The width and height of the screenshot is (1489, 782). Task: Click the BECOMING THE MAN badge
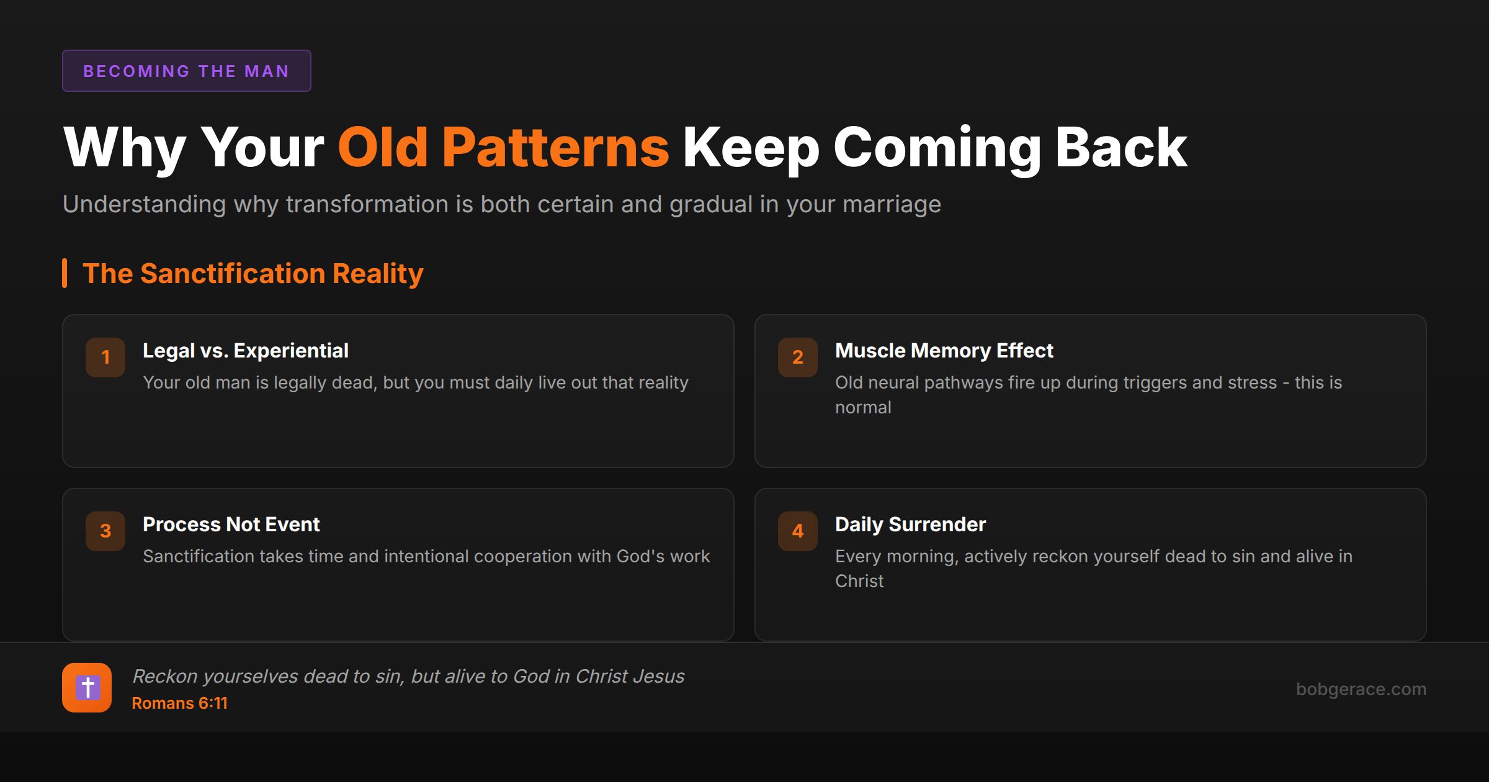[x=186, y=71]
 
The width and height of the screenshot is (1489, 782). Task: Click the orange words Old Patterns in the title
[x=503, y=148]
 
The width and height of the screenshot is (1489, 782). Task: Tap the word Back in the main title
[x=1121, y=148]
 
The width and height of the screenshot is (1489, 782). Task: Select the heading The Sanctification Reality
[x=253, y=274]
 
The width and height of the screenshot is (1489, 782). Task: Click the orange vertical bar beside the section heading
[x=65, y=273]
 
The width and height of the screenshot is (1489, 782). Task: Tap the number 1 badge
[x=105, y=357]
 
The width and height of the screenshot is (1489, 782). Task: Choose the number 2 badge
[x=798, y=357]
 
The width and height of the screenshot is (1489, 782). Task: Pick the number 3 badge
[x=105, y=531]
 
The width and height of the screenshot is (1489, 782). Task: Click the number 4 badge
[x=798, y=531]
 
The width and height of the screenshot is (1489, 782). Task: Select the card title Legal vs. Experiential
[x=246, y=351]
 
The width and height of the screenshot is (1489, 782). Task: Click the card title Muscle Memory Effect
[x=944, y=351]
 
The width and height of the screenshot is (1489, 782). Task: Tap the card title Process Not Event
[x=231, y=524]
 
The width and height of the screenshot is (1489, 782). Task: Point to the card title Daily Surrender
[x=910, y=524]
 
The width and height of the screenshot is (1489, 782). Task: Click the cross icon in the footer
[x=87, y=688]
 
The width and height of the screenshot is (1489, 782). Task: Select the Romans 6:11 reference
[x=180, y=703]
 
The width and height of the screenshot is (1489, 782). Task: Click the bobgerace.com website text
[x=1361, y=689]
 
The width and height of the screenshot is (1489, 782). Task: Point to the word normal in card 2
[x=863, y=408]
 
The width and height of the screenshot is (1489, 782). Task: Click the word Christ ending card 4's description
[x=859, y=582]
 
